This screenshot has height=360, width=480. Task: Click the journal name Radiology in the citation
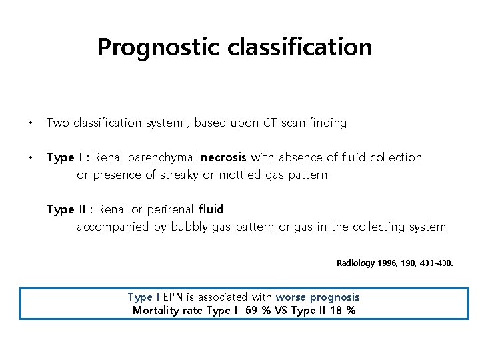(355, 263)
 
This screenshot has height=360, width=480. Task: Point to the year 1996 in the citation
(388, 263)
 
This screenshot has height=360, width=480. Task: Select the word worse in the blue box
(290, 297)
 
